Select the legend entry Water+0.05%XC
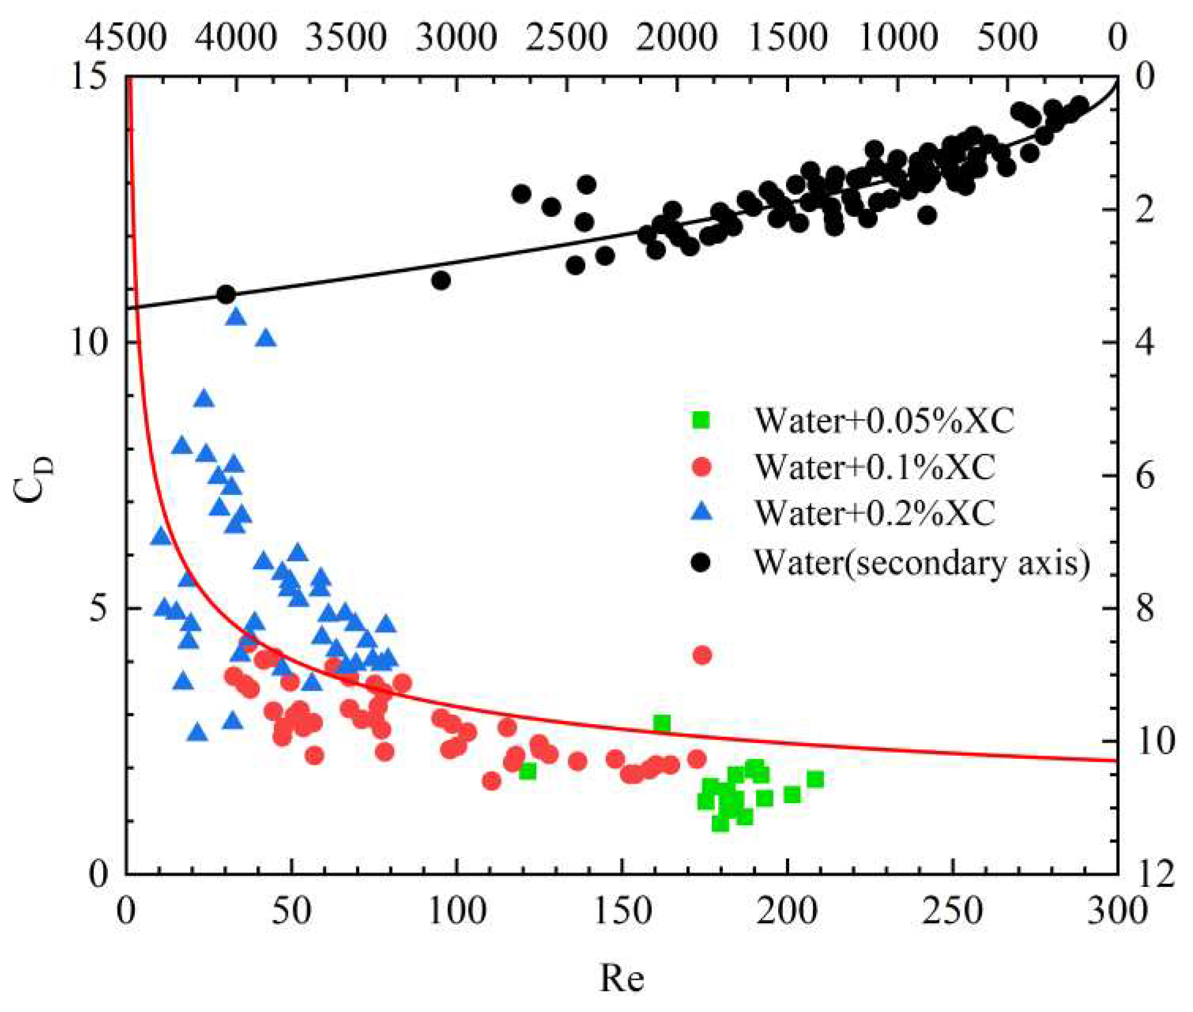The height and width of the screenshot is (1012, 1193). [884, 420]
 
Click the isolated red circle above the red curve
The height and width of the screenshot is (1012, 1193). [702, 654]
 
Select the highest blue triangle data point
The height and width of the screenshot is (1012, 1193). [236, 316]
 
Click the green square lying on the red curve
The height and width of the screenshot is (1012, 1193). [662, 723]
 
